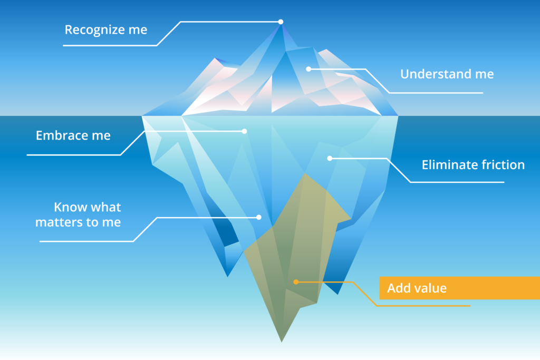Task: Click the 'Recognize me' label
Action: point(106,30)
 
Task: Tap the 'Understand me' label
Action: point(447,74)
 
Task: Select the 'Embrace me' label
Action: point(73,135)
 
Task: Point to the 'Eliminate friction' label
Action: point(473,164)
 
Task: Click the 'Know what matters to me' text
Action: point(78,215)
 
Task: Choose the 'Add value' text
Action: point(417,288)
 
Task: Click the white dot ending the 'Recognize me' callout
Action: point(281,22)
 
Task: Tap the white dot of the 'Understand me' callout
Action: point(308,69)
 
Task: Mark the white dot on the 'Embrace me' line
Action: point(244,131)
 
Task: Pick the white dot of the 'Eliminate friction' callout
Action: point(330,158)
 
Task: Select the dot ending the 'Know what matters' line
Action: point(258,217)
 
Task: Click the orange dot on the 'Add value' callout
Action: point(296,282)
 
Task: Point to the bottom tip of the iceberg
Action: point(282,342)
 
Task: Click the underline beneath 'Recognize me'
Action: point(110,45)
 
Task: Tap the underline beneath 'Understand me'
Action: point(436,93)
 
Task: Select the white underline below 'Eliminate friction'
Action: point(457,182)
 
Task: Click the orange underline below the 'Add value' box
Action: point(423,306)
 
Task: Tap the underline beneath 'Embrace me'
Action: point(74,155)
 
